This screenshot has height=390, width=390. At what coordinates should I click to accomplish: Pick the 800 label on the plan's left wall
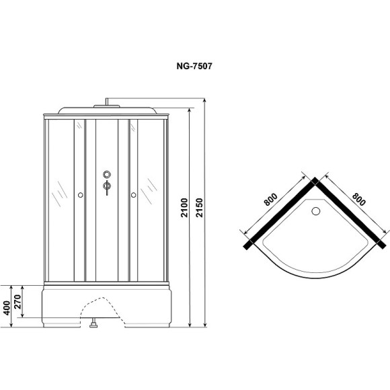(270, 199)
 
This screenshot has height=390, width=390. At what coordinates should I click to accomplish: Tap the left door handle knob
(80, 195)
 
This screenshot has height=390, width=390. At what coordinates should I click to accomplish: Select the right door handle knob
(134, 195)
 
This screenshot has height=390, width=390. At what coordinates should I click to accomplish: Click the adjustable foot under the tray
(94, 327)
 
